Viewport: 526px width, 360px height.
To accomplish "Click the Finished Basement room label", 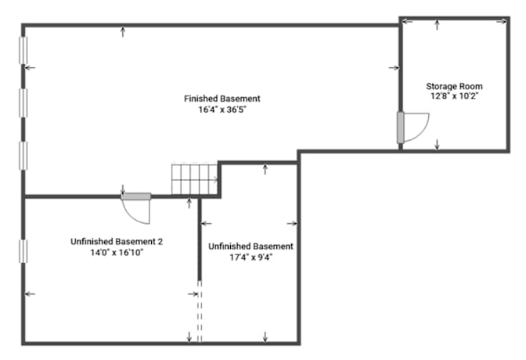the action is (222, 99).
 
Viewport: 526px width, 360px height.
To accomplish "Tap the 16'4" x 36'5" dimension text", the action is (222, 110).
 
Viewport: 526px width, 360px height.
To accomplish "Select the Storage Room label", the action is (454, 87).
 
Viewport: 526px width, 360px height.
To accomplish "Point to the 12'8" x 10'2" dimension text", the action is (454, 96).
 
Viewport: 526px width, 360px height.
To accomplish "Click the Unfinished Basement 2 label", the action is (117, 242).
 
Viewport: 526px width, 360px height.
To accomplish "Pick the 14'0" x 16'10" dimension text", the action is (117, 253).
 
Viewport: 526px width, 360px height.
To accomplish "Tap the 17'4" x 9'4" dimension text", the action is (251, 257).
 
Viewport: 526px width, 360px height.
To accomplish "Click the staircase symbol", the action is (195, 178).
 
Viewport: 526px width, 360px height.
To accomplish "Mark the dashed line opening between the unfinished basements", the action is (200, 312).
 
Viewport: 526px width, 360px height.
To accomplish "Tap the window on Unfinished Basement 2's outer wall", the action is (23, 251).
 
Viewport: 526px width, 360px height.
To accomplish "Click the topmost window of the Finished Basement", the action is (23, 50).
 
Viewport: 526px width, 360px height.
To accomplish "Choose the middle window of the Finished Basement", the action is (23, 103).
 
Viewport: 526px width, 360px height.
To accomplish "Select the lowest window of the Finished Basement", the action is (23, 156).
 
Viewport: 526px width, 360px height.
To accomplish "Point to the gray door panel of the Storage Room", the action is (400, 128).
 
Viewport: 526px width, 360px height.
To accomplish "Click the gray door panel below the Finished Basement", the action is (136, 196).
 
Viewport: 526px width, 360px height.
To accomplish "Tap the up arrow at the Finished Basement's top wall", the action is (123, 32).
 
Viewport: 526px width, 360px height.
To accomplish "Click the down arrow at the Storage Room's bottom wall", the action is (437, 145).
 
